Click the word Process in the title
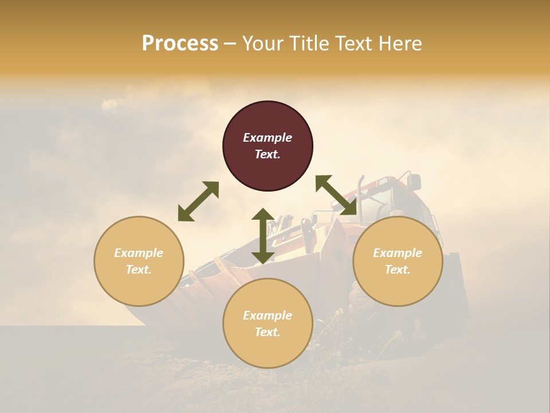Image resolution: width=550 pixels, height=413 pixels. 180,44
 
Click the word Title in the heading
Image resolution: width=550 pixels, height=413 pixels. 308,44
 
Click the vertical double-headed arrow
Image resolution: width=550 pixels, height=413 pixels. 263,236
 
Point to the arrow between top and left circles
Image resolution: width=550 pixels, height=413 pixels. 198,201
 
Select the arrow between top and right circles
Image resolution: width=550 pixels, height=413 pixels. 336,195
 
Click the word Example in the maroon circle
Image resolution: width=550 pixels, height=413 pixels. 268,138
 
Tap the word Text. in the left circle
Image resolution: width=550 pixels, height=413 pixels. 139,270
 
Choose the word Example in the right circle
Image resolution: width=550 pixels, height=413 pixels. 398,253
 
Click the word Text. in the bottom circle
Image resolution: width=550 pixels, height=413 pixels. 268,332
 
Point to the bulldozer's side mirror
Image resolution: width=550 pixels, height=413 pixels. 414,182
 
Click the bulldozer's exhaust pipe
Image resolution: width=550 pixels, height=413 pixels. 360,189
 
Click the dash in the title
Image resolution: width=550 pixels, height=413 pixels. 230,44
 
